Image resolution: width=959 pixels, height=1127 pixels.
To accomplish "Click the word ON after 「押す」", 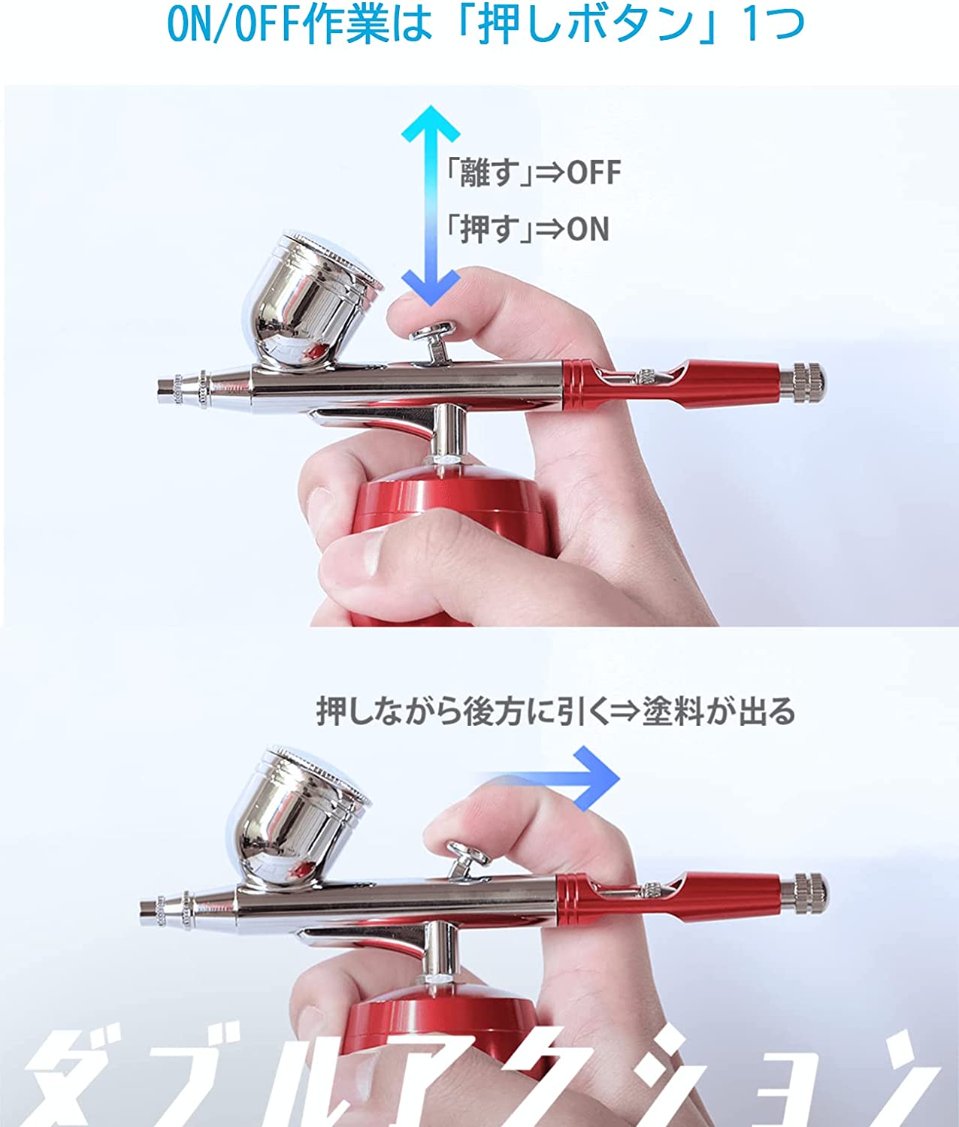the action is tap(588, 229).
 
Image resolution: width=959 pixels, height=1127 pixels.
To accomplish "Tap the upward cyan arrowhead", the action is tap(431, 124).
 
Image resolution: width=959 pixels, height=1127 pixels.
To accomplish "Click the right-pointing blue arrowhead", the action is tap(597, 778).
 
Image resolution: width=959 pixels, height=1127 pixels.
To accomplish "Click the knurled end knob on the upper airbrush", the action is tap(809, 382).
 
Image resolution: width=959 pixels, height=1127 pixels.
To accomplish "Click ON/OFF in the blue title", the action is tap(234, 26).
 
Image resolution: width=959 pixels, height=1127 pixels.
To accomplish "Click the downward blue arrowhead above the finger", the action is tap(431, 287).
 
